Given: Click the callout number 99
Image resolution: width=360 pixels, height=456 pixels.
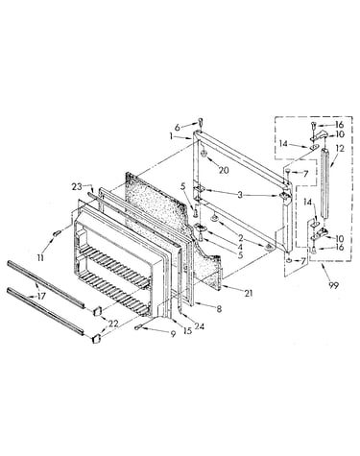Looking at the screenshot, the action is (333, 286).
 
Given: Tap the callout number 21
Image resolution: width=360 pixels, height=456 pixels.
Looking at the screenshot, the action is (249, 293).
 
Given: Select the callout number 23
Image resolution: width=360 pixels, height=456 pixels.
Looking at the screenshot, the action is (77, 187).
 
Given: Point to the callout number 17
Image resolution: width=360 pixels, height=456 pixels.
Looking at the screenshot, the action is (41, 297).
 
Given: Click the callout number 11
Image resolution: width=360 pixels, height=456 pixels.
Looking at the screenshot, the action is (40, 258).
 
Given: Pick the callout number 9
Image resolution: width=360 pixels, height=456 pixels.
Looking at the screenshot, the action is (173, 334).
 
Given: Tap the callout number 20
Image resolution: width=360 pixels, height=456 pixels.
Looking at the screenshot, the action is (224, 171).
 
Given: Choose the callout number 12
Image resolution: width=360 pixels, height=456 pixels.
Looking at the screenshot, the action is (340, 149).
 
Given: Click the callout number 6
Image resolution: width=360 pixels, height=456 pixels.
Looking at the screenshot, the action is (185, 127).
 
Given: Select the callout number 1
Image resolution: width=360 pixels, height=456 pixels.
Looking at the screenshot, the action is (172, 136).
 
